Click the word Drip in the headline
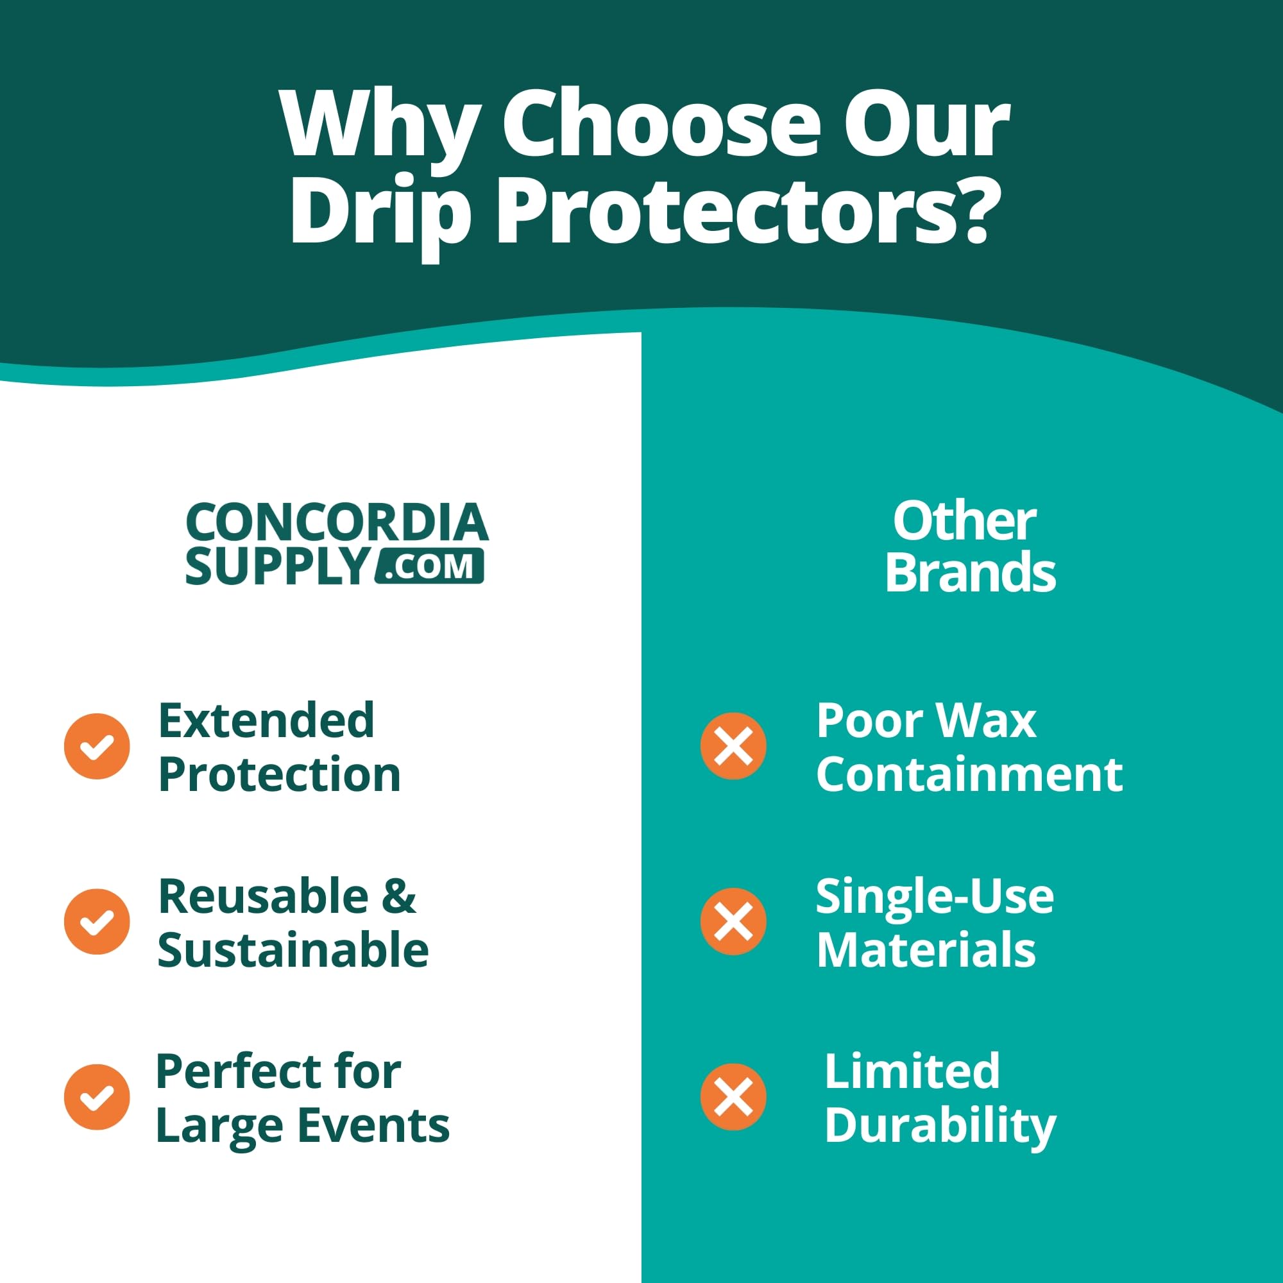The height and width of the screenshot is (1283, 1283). (380, 216)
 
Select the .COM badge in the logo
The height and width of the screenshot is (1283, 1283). (429, 566)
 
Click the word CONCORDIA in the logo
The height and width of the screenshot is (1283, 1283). (337, 523)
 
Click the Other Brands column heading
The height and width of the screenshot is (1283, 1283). (970, 547)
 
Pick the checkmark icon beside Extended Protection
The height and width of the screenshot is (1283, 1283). (97, 747)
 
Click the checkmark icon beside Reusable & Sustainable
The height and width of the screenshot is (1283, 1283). (97, 922)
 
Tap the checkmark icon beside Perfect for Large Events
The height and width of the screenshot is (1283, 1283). (97, 1097)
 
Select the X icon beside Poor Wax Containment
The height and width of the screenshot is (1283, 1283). (733, 747)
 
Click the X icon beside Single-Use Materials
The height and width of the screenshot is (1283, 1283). (733, 922)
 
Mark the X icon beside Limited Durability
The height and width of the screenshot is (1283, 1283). (733, 1097)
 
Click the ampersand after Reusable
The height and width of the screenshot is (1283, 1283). (399, 896)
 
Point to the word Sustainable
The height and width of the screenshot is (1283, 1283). (293, 949)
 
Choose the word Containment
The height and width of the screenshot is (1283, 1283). (969, 774)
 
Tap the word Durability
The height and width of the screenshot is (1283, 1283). (940, 1126)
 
